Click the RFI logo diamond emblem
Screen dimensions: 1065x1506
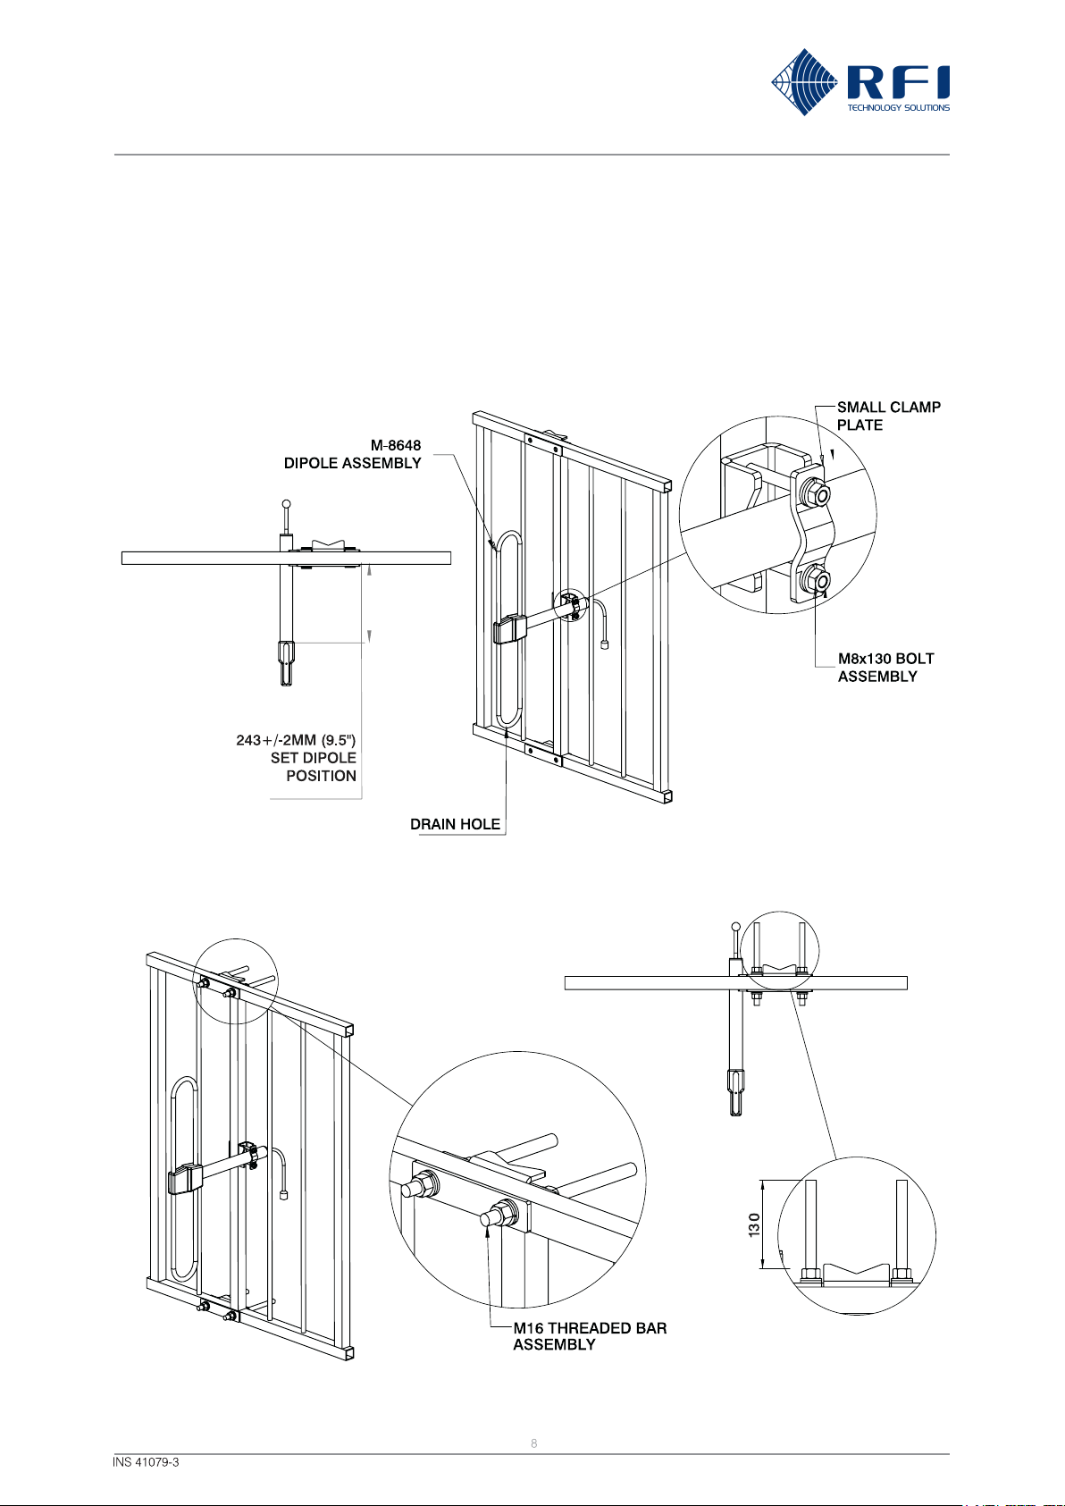click(x=804, y=82)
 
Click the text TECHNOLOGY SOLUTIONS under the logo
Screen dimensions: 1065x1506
click(x=898, y=107)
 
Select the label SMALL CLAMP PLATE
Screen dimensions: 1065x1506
click(x=888, y=416)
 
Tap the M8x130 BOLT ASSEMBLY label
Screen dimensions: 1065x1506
click(x=885, y=668)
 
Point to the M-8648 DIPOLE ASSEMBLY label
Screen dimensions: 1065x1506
click(x=353, y=455)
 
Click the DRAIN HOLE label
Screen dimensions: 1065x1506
click(x=455, y=824)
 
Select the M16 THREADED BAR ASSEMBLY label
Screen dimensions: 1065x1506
click(x=590, y=1336)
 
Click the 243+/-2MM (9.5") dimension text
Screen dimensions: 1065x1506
click(x=296, y=740)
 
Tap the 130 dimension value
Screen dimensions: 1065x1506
click(x=754, y=1224)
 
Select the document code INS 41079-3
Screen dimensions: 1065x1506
click(x=146, y=1462)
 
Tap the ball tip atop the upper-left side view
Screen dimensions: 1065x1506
click(x=286, y=503)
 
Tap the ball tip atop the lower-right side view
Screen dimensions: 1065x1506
click(x=735, y=926)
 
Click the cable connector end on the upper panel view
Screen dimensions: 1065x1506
click(x=604, y=644)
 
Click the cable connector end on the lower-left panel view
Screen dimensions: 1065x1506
click(x=283, y=1195)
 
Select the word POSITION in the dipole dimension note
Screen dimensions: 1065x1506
click(x=321, y=776)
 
